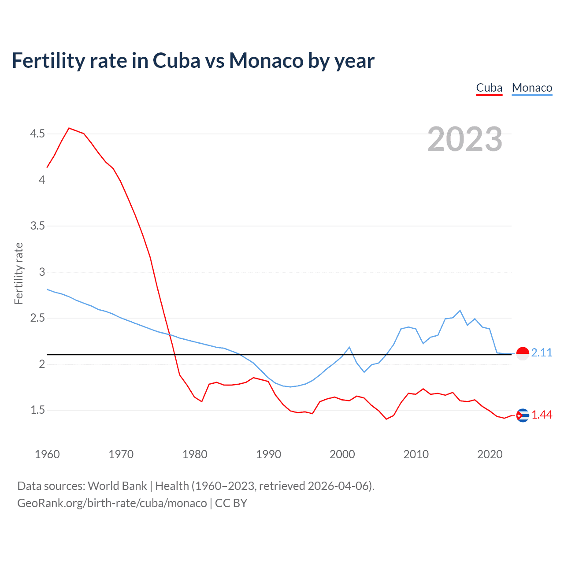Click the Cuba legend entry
[489, 88]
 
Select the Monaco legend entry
[532, 88]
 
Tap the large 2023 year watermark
[465, 139]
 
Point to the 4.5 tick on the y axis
[37, 134]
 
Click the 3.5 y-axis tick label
[37, 226]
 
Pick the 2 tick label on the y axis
[42, 364]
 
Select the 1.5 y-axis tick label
[37, 410]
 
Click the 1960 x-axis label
[47, 454]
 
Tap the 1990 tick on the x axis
[268, 454]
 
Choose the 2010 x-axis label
[416, 454]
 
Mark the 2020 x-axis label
[490, 454]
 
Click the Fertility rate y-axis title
[19, 273]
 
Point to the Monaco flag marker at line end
[523, 353]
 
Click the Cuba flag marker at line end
[523, 415]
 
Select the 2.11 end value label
[542, 352]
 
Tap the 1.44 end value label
[542, 415]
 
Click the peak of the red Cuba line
[69, 128]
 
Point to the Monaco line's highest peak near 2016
[460, 311]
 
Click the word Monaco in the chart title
[266, 60]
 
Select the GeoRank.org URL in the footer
[112, 503]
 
